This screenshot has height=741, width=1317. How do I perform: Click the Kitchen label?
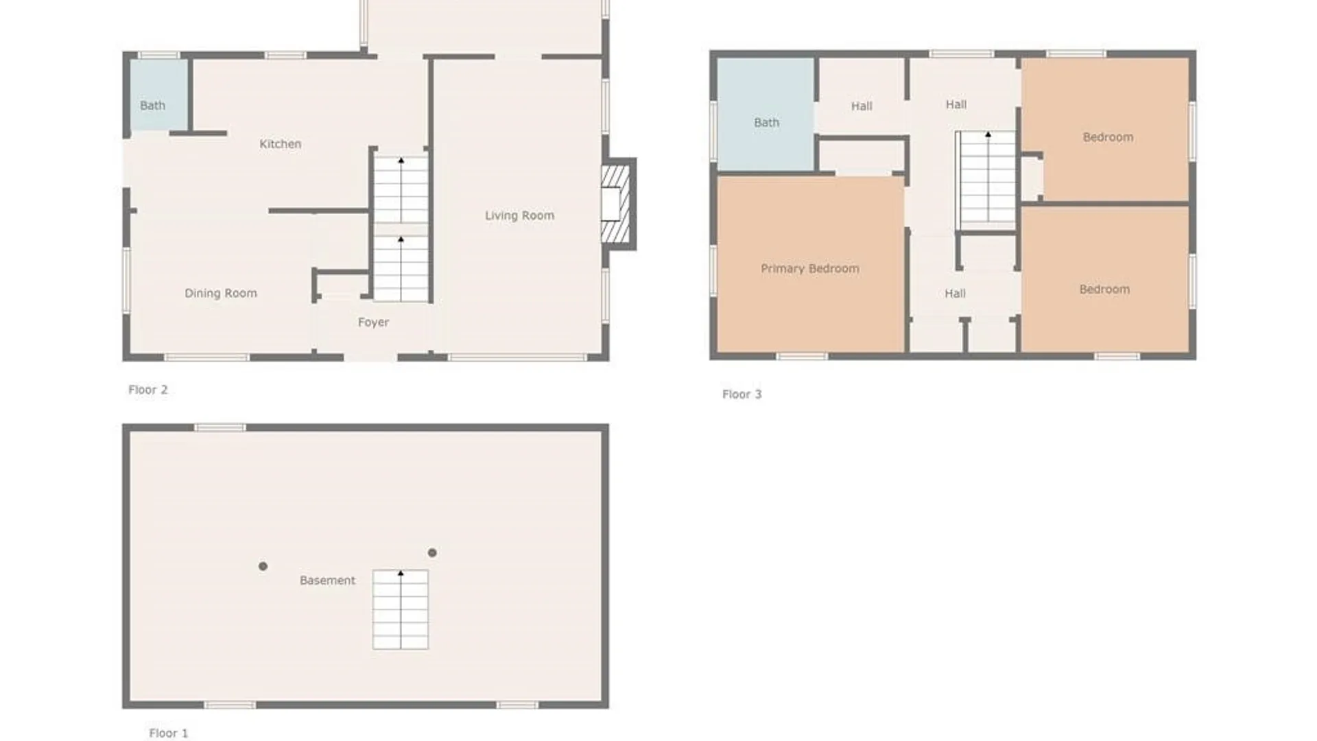point(280,144)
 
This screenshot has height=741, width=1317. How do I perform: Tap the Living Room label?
point(519,215)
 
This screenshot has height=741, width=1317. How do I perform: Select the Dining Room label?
point(221,294)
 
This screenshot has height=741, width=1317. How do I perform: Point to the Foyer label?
point(373,322)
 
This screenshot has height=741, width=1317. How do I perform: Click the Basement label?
point(327,580)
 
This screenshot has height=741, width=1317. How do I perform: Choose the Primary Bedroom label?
point(809,269)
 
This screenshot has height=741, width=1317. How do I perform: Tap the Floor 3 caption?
point(741,395)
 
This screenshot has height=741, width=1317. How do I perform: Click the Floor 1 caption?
point(168,733)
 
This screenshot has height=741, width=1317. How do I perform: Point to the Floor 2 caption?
point(147,390)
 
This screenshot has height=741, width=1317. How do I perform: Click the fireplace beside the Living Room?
point(617,204)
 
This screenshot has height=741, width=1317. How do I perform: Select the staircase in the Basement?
point(401,609)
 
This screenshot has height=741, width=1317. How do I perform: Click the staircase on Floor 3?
point(986,180)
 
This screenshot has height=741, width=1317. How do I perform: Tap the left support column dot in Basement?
point(263,566)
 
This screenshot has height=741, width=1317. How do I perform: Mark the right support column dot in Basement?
point(432,552)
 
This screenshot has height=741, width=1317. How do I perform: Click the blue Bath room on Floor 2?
point(159,95)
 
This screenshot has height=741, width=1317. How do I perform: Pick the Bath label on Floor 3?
point(766,123)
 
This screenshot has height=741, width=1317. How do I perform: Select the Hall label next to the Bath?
point(862,106)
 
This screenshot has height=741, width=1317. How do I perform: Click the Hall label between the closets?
point(955,294)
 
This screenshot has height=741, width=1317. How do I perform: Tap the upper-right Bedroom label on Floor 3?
point(1108,137)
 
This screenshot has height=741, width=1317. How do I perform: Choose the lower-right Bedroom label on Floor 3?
point(1104,290)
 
